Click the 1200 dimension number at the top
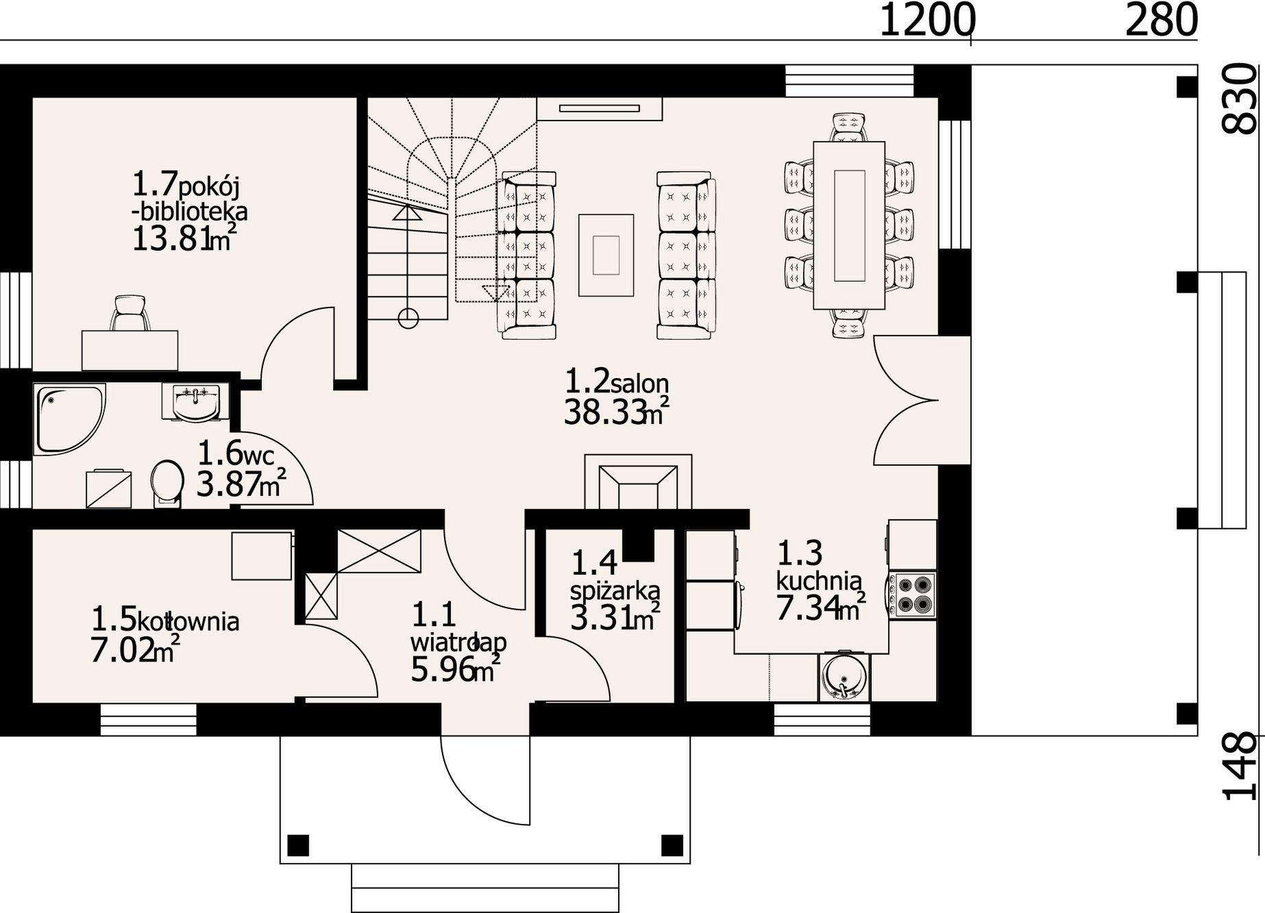pos(926,20)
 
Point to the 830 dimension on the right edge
pos(1241,98)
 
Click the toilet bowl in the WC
pos(167,484)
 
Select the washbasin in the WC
pos(191,401)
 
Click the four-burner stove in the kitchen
pos(913,594)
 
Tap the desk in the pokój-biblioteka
pos(130,351)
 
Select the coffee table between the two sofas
pos(606,255)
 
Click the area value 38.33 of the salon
pos(605,413)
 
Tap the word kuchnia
pos(819,581)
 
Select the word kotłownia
pos(188,622)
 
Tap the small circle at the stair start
pos(408,317)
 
